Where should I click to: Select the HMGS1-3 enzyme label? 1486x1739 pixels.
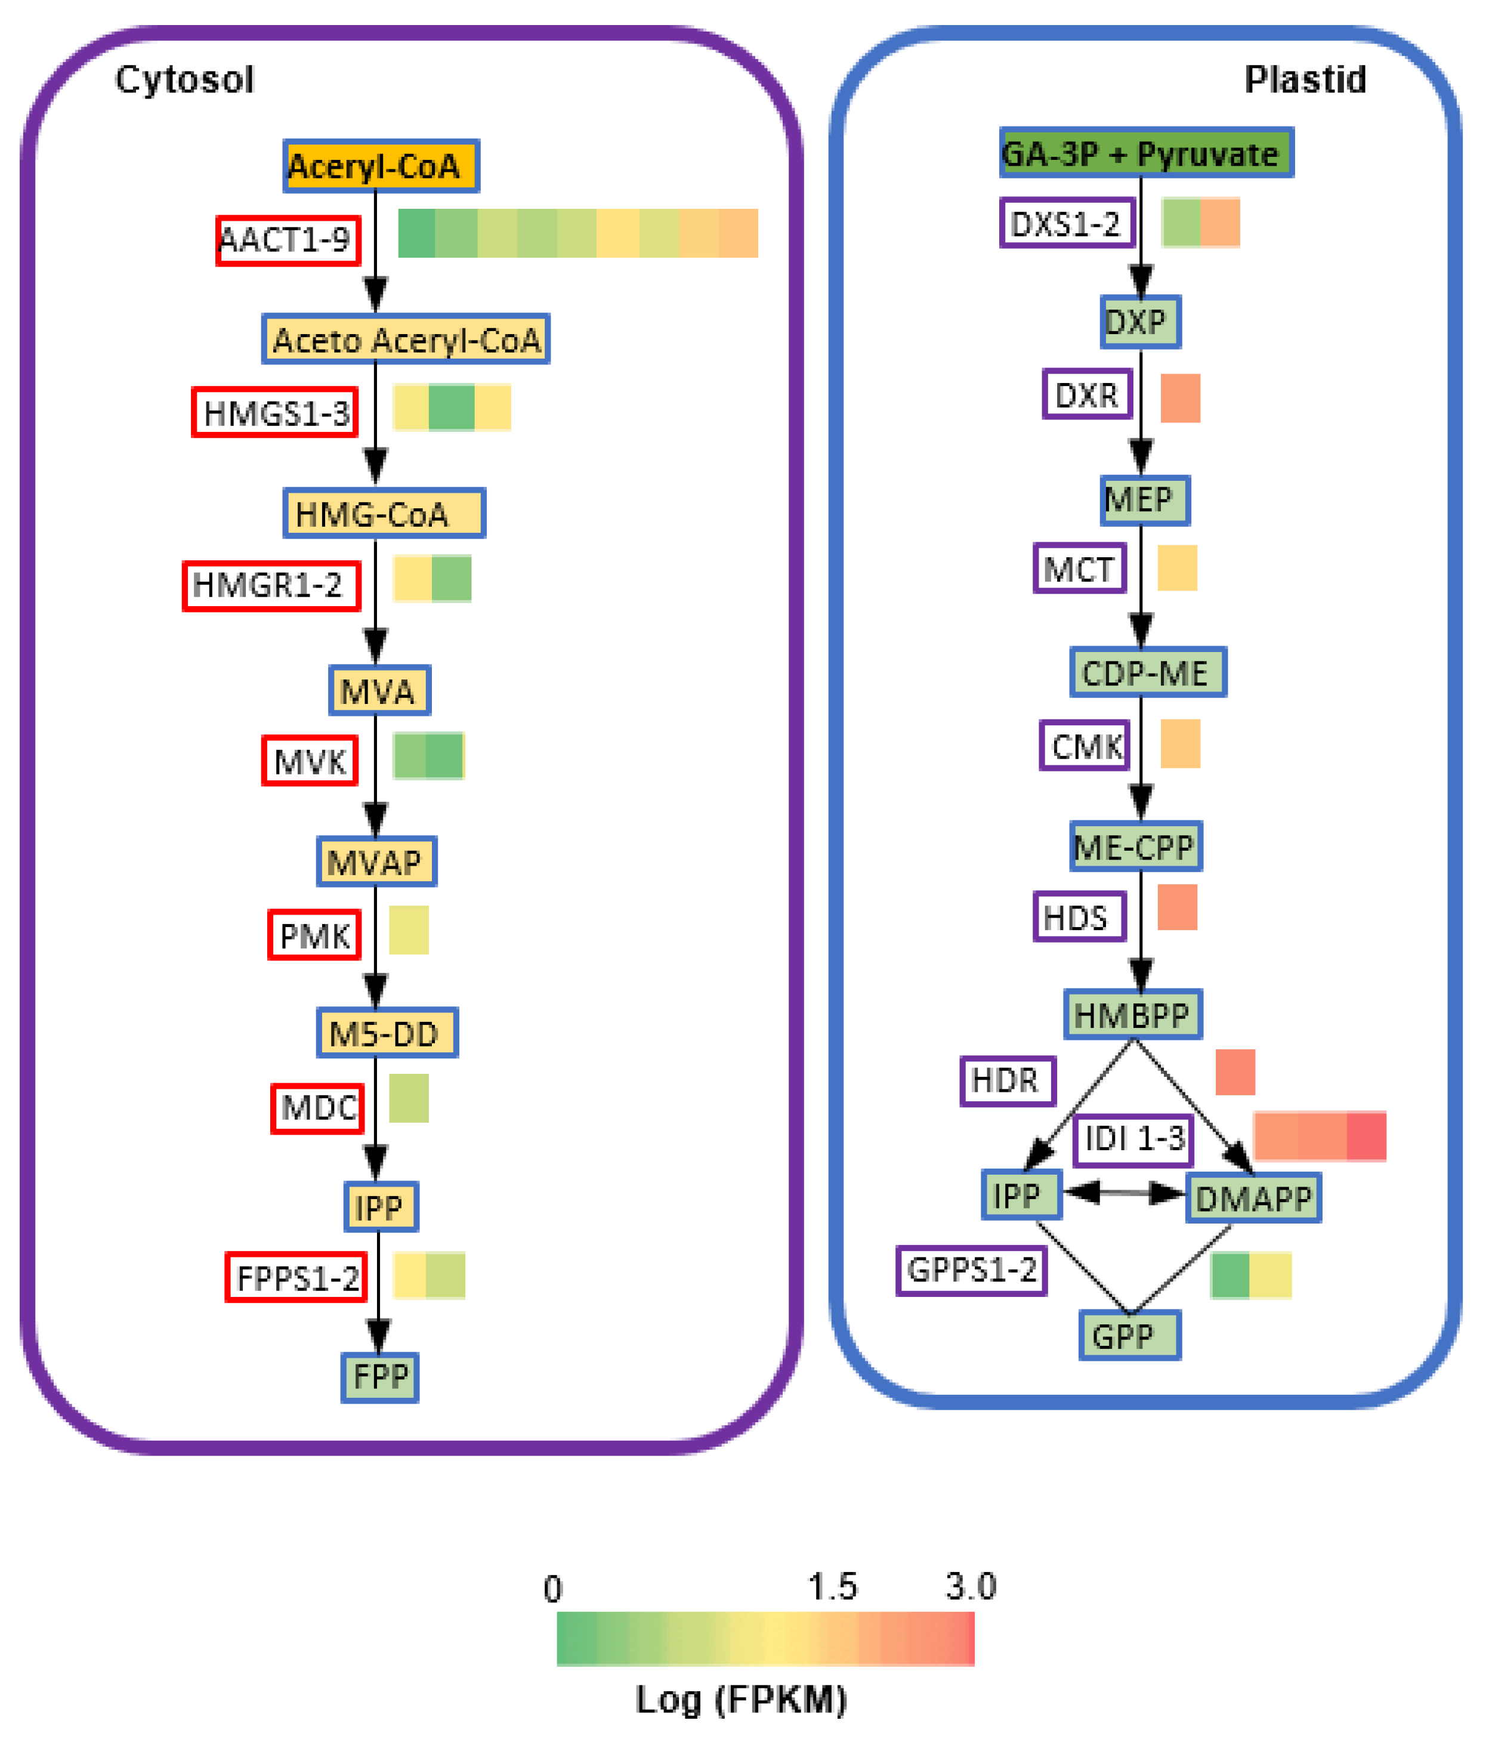275,412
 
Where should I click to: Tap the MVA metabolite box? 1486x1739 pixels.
379,690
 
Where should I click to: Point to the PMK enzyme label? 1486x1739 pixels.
314,934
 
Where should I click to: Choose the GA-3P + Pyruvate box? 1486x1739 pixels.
1145,153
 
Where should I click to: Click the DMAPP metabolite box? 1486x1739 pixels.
1253,1199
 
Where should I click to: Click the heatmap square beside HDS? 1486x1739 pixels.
1177,907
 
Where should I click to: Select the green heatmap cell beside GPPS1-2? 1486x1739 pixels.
1230,1275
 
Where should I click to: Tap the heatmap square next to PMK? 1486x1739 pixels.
409,930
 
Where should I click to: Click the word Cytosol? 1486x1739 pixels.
184,80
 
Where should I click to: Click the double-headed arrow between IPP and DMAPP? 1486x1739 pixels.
1124,1193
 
